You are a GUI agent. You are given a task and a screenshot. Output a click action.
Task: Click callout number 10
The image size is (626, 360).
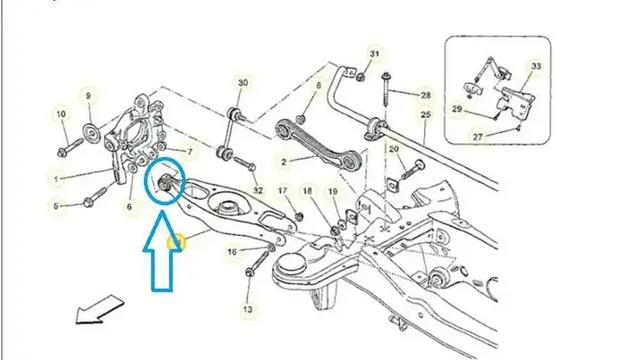coord(61,115)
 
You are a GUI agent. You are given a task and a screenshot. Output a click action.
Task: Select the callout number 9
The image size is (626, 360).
coord(88,96)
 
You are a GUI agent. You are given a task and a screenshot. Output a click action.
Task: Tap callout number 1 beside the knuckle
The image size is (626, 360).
coord(55,180)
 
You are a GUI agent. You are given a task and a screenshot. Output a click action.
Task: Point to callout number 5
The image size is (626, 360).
coord(55,206)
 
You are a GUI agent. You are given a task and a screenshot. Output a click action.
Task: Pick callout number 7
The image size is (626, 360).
coord(190,152)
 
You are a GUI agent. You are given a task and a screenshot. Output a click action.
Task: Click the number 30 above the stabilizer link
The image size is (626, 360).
coord(243,82)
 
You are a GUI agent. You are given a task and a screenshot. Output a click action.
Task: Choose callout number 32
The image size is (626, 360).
coord(258,191)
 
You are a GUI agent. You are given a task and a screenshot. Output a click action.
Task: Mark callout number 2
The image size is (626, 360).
coord(284,162)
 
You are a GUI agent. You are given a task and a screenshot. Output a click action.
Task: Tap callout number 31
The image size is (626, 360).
coord(374,54)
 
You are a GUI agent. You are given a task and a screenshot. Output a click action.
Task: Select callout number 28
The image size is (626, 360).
coord(426,95)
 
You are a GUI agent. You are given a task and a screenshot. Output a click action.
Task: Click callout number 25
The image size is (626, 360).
coord(426,115)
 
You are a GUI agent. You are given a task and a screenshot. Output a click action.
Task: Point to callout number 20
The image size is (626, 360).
coord(394,149)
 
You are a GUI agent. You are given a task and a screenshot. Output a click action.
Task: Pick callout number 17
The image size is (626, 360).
coord(283,191)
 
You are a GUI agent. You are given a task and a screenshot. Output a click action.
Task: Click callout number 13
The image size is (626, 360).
coord(247,310)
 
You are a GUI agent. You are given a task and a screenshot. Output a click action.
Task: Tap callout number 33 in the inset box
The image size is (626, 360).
coord(536,66)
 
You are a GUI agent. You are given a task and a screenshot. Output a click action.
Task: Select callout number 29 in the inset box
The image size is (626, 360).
coord(457,108)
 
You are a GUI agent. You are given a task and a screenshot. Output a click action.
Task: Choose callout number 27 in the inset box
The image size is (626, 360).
coord(478,137)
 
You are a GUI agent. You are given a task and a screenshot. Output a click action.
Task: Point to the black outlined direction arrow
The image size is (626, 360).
coord(100,309)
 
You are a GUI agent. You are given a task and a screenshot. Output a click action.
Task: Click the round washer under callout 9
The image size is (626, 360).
coord(91,132)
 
